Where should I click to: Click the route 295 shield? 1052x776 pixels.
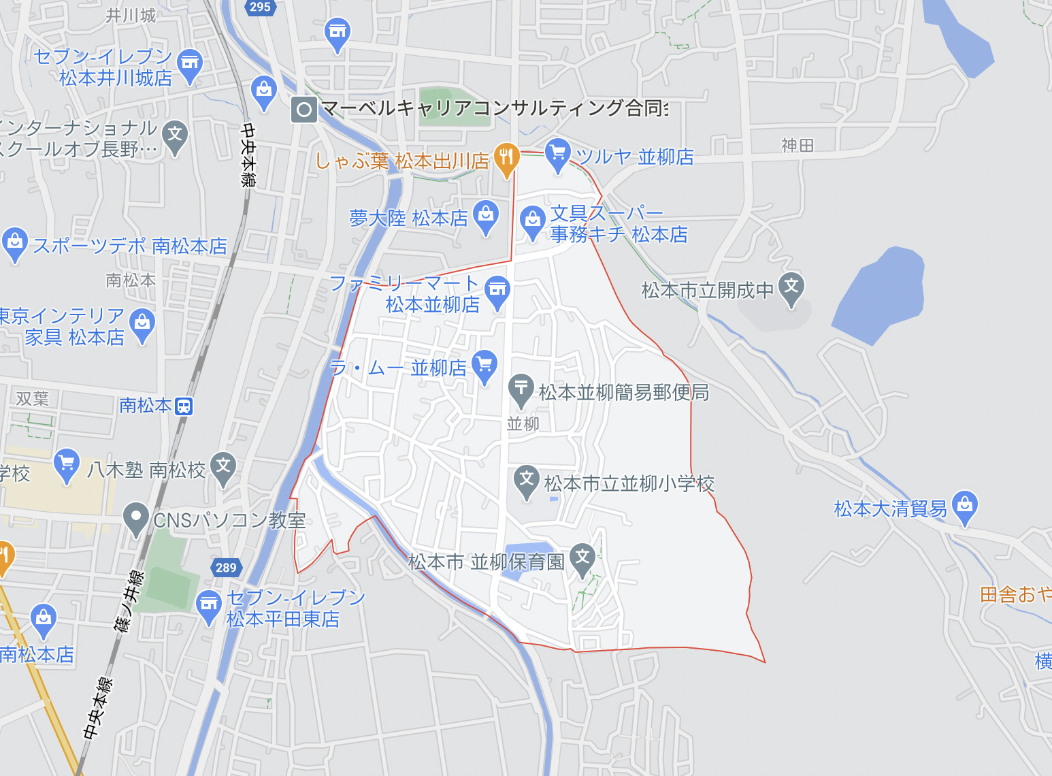pos(260,7)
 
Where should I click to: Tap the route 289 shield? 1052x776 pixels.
pos(226,567)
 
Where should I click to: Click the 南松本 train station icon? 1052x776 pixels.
pos(184,406)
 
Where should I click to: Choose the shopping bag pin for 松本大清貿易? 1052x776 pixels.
pos(965,506)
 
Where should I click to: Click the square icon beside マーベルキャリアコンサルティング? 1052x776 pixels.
pos(304,109)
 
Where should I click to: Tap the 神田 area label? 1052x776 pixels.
pos(798,145)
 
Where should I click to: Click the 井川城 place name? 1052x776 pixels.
pos(131,16)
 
